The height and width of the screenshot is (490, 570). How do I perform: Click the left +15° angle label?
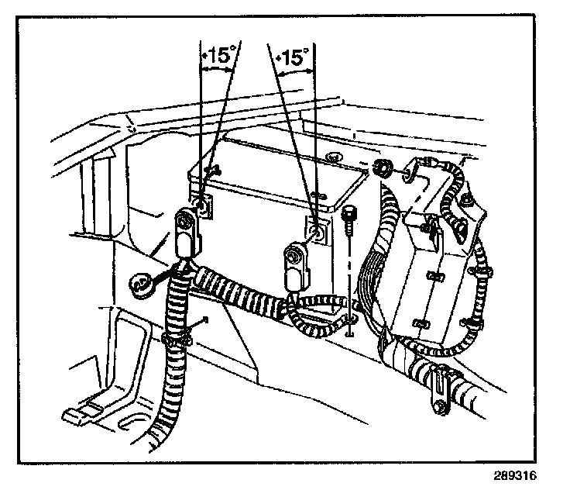219,57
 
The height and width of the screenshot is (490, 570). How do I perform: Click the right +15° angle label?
294,57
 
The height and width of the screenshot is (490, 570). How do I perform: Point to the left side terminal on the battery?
202,207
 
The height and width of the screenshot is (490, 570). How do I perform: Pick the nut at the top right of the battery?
381,167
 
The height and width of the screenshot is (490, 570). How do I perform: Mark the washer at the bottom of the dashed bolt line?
352,319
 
